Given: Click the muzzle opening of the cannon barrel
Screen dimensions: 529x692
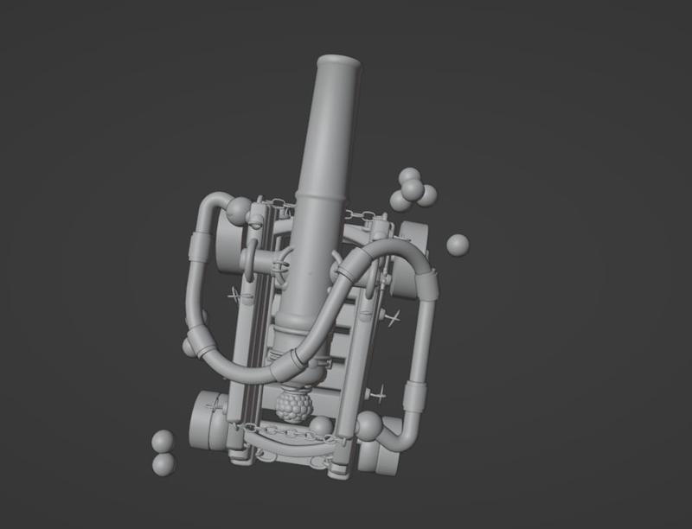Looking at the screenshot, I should click(x=339, y=63).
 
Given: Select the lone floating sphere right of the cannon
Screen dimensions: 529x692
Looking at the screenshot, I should click(x=458, y=245).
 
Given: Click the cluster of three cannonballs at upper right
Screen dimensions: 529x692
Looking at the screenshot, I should click(x=412, y=190).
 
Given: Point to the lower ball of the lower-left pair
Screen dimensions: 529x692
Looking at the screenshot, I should click(x=163, y=464).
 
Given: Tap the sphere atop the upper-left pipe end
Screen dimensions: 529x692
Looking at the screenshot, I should click(x=239, y=209).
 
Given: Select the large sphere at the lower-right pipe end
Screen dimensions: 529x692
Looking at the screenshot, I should click(x=368, y=425).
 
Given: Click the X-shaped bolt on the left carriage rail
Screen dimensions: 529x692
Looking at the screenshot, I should click(x=234, y=296).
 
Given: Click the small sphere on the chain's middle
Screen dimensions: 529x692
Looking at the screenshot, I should click(x=321, y=425).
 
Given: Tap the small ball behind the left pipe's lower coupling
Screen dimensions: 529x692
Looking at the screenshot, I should click(x=188, y=347).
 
